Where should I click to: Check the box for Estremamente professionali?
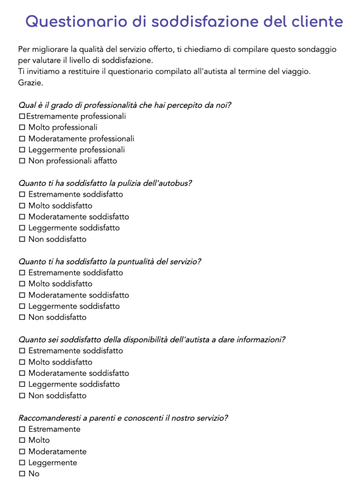click(22, 116)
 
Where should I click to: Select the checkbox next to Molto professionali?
click(22, 127)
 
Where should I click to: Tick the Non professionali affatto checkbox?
click(22, 161)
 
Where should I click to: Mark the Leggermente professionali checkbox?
click(22, 150)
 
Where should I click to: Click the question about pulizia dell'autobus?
click(105, 183)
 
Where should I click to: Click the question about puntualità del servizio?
click(109, 261)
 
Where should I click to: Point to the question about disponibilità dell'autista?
click(151, 340)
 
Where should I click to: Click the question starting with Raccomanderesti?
click(123, 418)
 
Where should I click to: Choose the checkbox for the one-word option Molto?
click(22, 440)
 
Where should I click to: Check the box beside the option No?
click(22, 474)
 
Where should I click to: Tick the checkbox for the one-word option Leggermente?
click(22, 463)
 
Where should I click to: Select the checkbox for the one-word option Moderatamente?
click(22, 452)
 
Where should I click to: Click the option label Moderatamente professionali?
click(81, 139)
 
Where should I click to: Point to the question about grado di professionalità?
click(124, 105)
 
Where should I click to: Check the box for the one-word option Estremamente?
click(22, 429)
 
